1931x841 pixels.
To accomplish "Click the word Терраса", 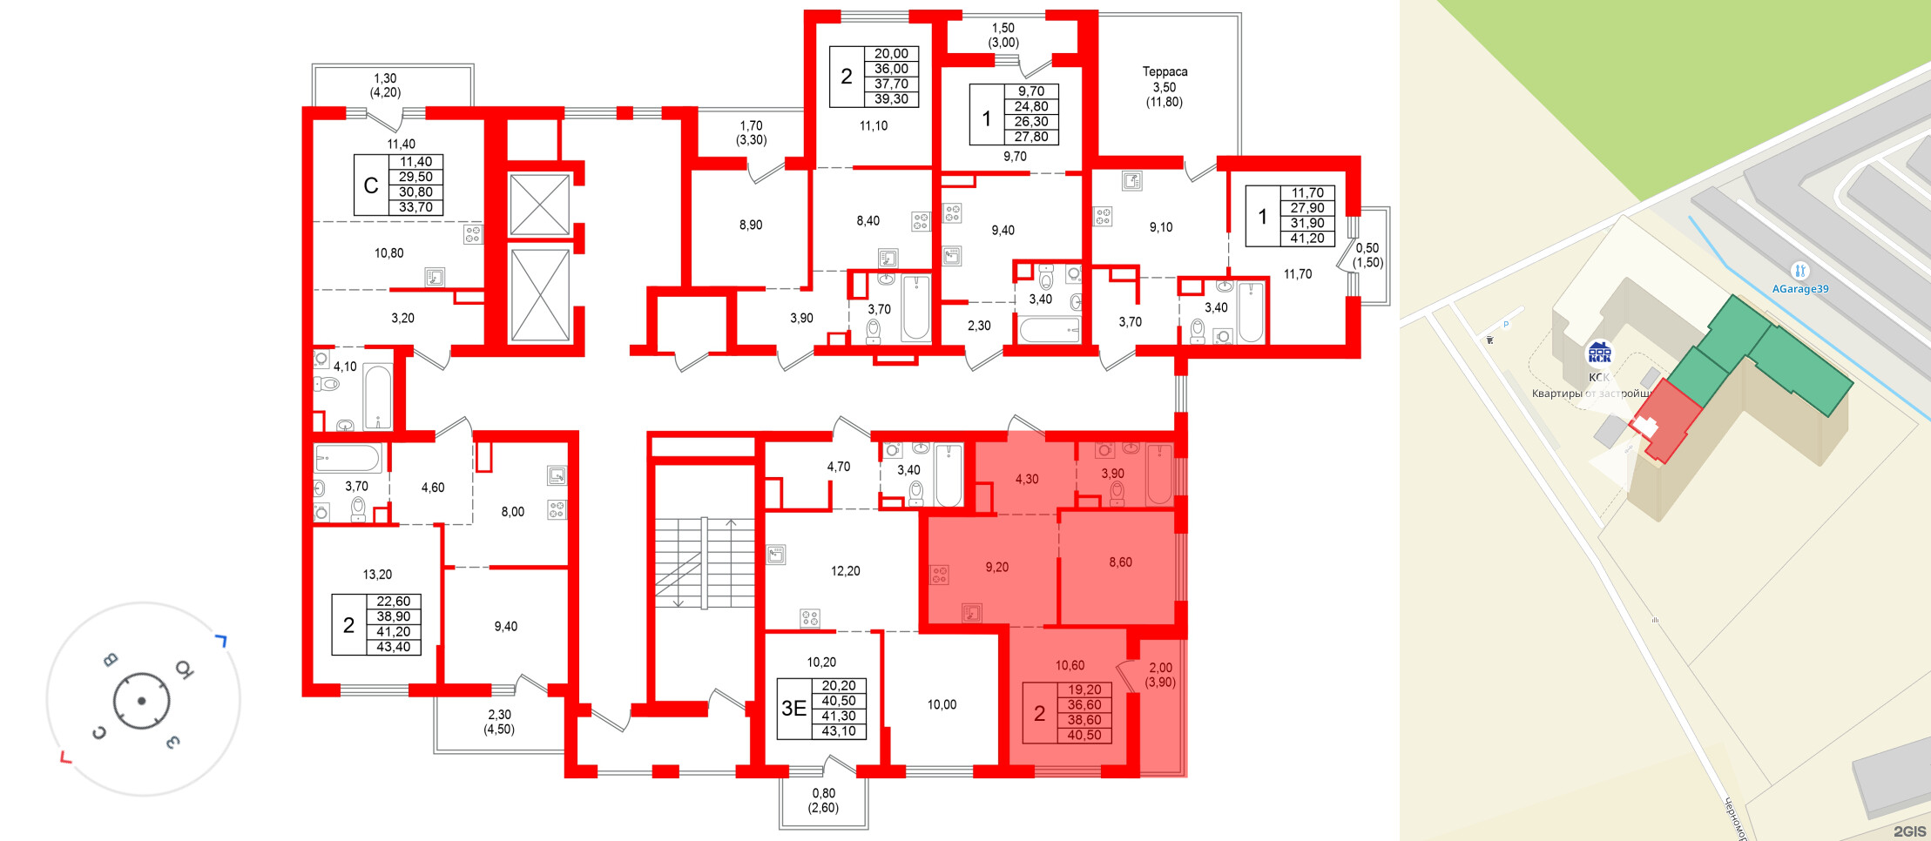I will [x=1165, y=71].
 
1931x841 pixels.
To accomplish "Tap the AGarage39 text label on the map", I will [x=1800, y=289].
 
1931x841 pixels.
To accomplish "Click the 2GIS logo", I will [x=1909, y=831].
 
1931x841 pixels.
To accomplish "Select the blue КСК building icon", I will [x=1599, y=353].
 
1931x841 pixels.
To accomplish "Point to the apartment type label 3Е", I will [x=793, y=709].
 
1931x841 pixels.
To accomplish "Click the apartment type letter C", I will [x=371, y=185].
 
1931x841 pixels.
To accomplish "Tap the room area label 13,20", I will [x=377, y=575].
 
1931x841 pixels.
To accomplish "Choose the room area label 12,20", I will [x=845, y=571].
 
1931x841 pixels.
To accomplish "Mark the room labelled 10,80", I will [x=388, y=253].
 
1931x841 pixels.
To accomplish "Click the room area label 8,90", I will [x=750, y=225].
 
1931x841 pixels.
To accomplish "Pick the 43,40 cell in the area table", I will [x=393, y=647].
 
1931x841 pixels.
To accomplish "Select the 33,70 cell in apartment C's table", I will [x=415, y=207].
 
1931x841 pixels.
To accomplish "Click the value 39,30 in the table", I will [x=891, y=99].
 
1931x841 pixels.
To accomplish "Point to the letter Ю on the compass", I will [x=184, y=669].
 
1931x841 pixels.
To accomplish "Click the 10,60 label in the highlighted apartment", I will [x=1070, y=665].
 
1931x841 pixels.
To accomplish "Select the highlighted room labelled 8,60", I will [x=1120, y=562].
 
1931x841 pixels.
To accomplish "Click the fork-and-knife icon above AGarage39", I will [x=1799, y=271].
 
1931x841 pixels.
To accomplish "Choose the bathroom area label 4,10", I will [x=345, y=367].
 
